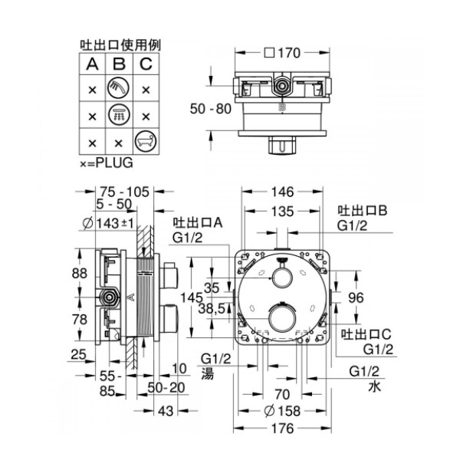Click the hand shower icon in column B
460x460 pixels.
pyautogui.click(x=119, y=87)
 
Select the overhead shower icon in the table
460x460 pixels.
pyautogui.click(x=119, y=114)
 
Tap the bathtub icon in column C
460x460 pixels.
pyautogui.click(x=146, y=141)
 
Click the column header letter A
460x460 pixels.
pyautogui.click(x=92, y=64)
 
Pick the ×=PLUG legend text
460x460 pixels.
pyautogui.click(x=107, y=163)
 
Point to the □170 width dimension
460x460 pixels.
pyautogui.click(x=282, y=53)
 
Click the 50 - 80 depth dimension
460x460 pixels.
pyautogui.click(x=211, y=109)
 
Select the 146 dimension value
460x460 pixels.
pyautogui.click(x=282, y=192)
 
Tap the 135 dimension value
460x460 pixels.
pyautogui.click(x=282, y=212)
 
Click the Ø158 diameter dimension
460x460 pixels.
pyautogui.click(x=282, y=411)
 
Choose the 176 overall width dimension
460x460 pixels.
pyautogui.click(x=282, y=429)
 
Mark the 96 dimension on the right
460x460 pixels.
pyautogui.click(x=356, y=297)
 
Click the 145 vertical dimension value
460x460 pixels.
pyautogui.click(x=192, y=297)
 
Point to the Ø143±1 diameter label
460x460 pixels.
pyautogui.click(x=108, y=224)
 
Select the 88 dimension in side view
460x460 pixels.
pyautogui.click(x=80, y=274)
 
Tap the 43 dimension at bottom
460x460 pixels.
pyautogui.click(x=166, y=411)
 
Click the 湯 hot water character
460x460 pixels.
pyautogui.click(x=208, y=374)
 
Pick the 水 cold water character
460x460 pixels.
pyautogui.click(x=375, y=386)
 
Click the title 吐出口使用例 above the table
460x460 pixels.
pyautogui.click(x=120, y=45)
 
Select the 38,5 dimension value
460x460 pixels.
pyautogui.click(x=212, y=309)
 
